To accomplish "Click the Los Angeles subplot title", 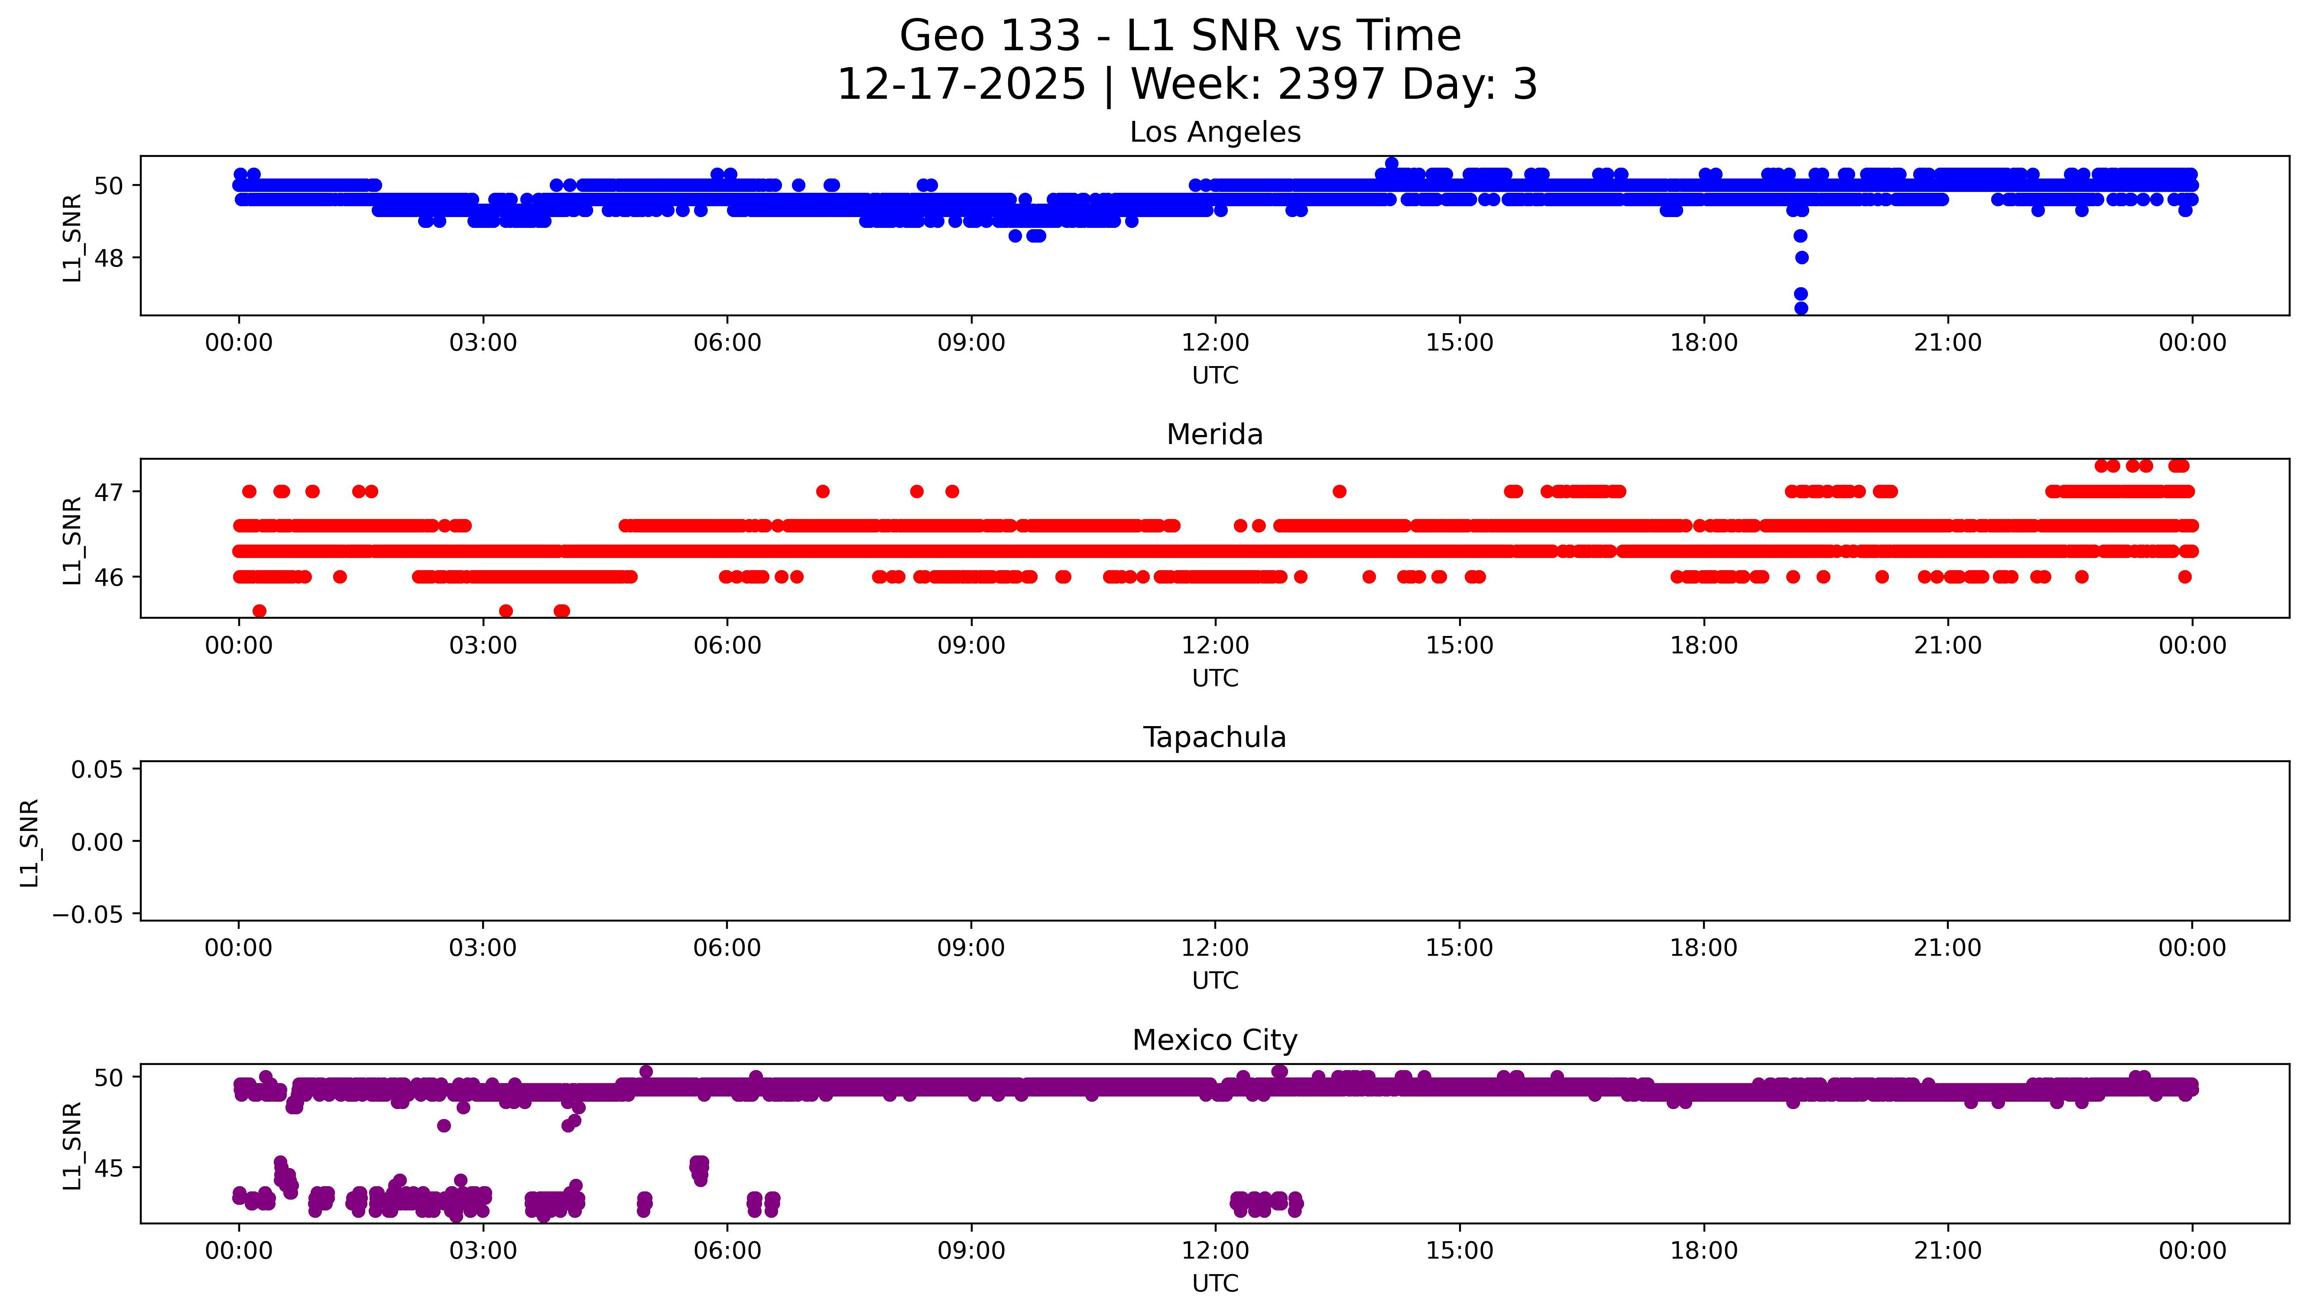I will tap(1214, 133).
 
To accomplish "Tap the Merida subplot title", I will tap(1214, 435).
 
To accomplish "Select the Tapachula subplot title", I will tap(1214, 737).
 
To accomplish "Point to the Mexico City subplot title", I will tap(1214, 1041).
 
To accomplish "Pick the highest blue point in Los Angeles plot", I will tap(1391, 163).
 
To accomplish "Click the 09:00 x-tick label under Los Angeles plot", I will tap(971, 343).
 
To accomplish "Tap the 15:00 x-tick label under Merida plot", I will tap(1459, 645).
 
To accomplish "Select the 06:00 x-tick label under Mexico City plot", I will tap(727, 1251).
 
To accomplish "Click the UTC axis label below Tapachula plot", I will tap(1214, 980).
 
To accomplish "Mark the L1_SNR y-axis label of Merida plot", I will tap(72, 540).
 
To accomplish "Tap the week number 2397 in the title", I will tap(1331, 85).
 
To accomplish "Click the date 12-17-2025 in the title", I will tap(961, 85).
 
